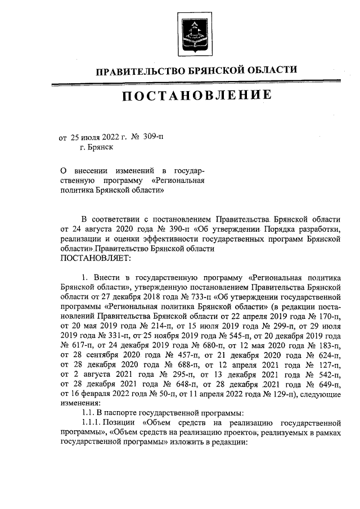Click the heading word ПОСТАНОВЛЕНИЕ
tap(196, 96)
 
